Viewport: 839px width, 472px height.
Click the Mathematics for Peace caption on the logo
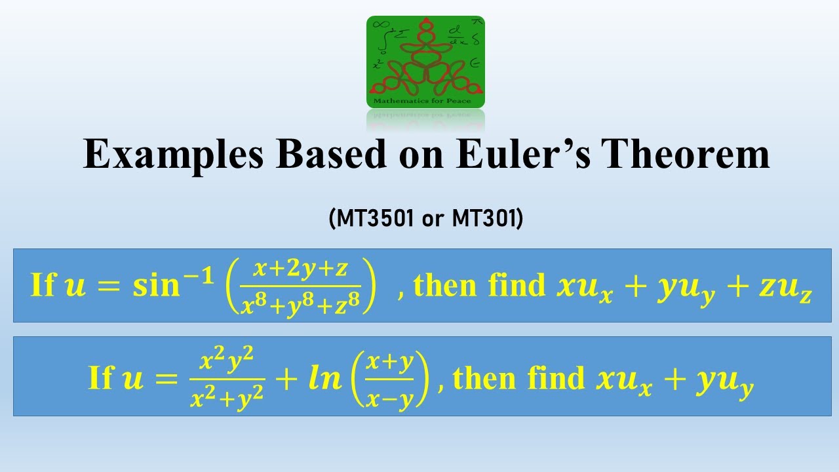pyautogui.click(x=425, y=102)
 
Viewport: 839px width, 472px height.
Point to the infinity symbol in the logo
pyautogui.click(x=379, y=24)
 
